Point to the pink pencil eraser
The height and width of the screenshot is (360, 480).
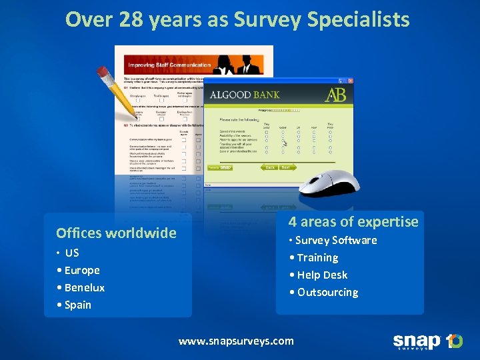point(101,71)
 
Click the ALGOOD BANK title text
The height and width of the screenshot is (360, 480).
point(245,95)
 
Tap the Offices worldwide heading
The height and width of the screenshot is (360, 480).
point(116,233)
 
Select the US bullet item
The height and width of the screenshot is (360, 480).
point(72,253)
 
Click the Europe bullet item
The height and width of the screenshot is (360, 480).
point(81,270)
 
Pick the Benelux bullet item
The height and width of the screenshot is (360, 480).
point(84,287)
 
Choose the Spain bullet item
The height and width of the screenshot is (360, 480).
point(77,305)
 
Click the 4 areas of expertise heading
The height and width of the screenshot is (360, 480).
point(353,222)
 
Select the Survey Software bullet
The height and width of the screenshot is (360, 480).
point(335,240)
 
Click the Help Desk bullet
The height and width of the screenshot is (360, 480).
point(322,275)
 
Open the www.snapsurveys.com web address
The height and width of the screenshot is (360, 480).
point(236,341)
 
